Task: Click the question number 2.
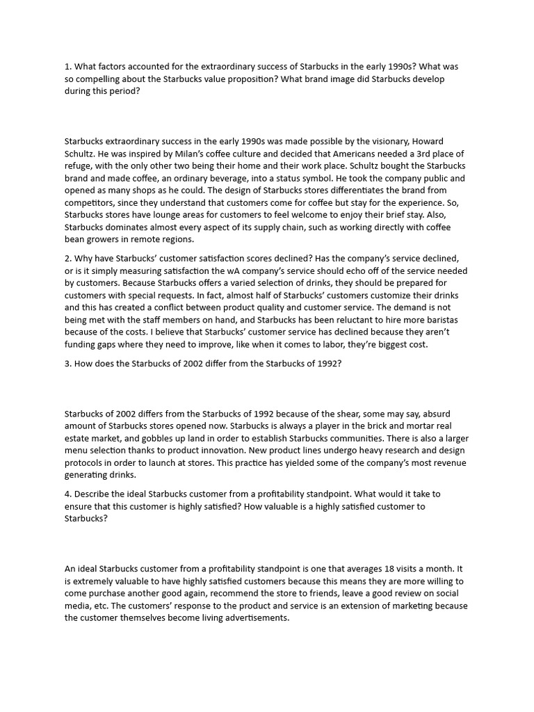67,259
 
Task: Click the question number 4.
67,494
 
